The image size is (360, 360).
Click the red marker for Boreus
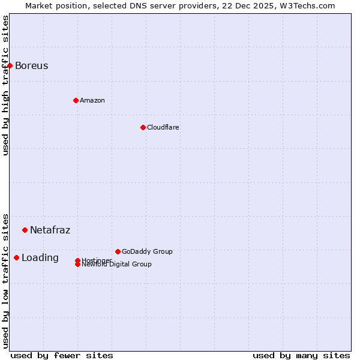10,65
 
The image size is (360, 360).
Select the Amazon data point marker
76,100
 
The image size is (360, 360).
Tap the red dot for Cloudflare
143,127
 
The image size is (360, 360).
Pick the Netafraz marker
25,230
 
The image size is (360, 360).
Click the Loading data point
16,257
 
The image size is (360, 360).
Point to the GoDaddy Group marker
118,251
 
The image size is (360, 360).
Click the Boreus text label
31,65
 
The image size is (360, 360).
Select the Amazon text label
92,100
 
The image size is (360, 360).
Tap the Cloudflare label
163,127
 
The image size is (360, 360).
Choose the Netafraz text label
50,230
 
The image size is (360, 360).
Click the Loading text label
40,258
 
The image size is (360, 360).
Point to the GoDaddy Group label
147,251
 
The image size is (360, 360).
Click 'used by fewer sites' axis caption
62,355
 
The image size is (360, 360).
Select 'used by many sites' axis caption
301,355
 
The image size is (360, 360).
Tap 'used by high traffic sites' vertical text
5,85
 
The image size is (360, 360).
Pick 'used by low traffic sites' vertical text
5,280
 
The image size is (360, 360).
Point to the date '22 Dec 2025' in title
256,5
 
